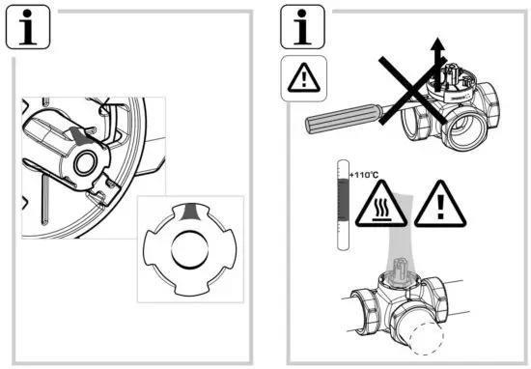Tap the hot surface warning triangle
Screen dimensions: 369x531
[378, 204]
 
